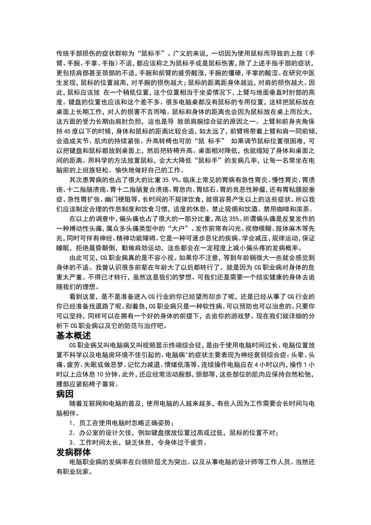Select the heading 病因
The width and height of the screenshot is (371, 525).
[x=65, y=394]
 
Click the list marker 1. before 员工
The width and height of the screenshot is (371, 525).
[x=71, y=423]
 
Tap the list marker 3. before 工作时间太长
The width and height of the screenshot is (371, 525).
[x=71, y=443]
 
